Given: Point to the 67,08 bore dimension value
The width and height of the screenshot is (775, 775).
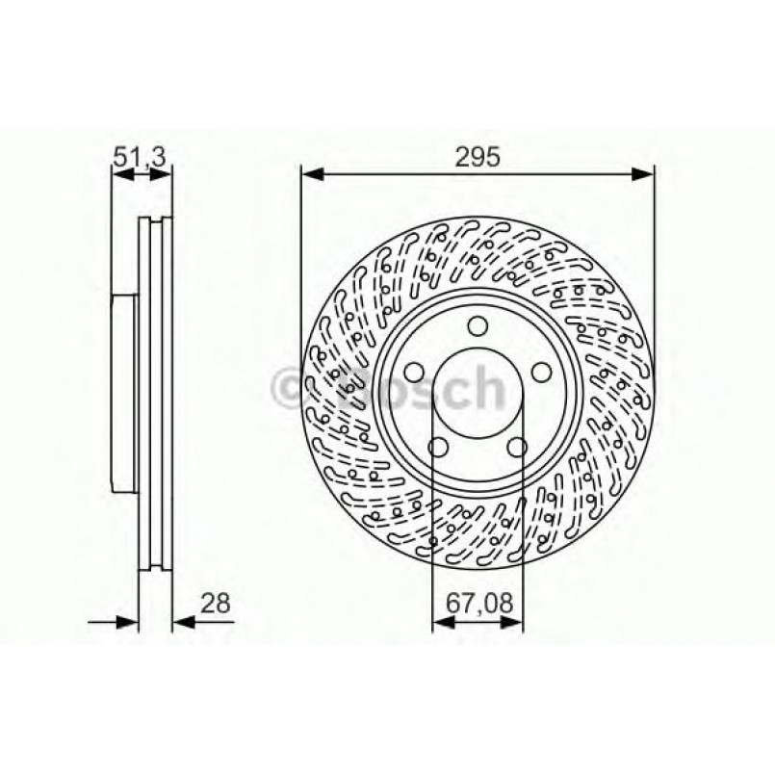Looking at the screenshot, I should coord(478,605).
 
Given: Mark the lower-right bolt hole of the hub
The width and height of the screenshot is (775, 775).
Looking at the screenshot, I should coord(517,447).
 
